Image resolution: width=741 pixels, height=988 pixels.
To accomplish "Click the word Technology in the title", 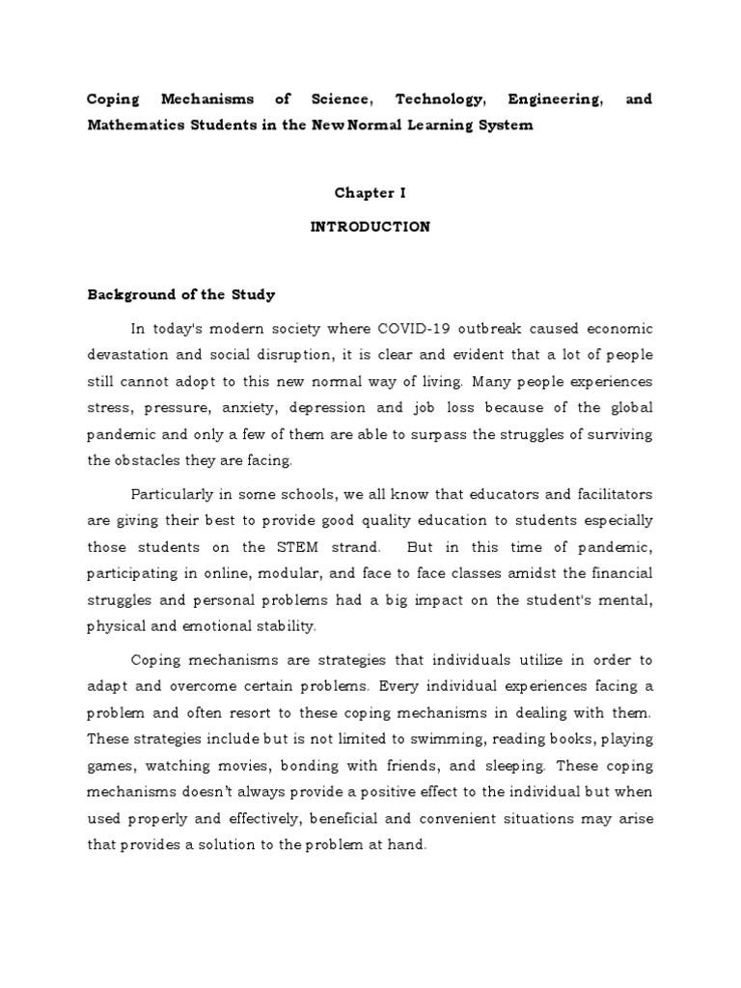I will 413,99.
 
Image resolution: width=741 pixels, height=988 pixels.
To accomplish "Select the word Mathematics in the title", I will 133,126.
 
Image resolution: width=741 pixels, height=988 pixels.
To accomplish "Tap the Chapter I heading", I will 370,193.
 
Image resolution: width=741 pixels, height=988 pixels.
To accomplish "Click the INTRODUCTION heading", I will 370,228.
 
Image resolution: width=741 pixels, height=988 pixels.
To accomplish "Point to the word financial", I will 617,574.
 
